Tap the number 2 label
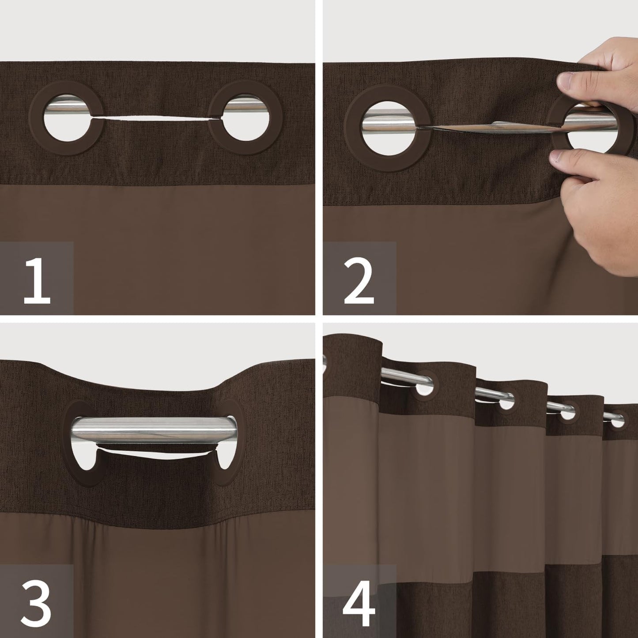[x=358, y=279]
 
